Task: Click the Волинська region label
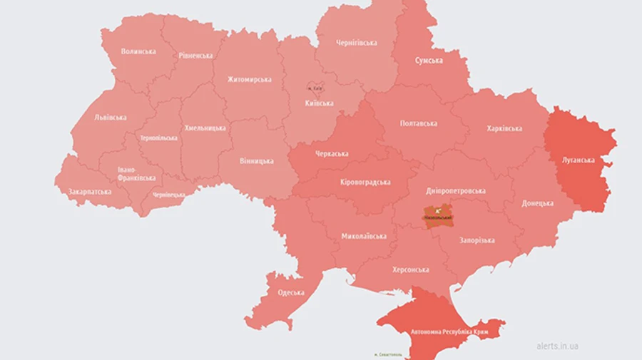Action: (x=138, y=51)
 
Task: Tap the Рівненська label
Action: (x=195, y=56)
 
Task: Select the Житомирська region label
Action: (x=249, y=79)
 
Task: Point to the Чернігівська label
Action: (x=357, y=43)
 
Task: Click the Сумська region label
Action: (x=429, y=61)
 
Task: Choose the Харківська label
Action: (x=504, y=129)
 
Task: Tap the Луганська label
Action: (x=578, y=160)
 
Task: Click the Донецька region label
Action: (x=537, y=203)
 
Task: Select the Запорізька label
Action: (x=477, y=240)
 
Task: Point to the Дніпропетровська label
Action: (x=456, y=191)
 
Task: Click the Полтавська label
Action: (x=419, y=123)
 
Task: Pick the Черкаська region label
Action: (x=332, y=153)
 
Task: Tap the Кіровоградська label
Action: (x=365, y=182)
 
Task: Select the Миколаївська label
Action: (x=364, y=236)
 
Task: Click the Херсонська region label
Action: (x=410, y=270)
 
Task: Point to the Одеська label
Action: (x=290, y=292)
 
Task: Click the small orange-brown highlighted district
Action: (x=437, y=215)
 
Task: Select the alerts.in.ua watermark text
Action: (x=558, y=346)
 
